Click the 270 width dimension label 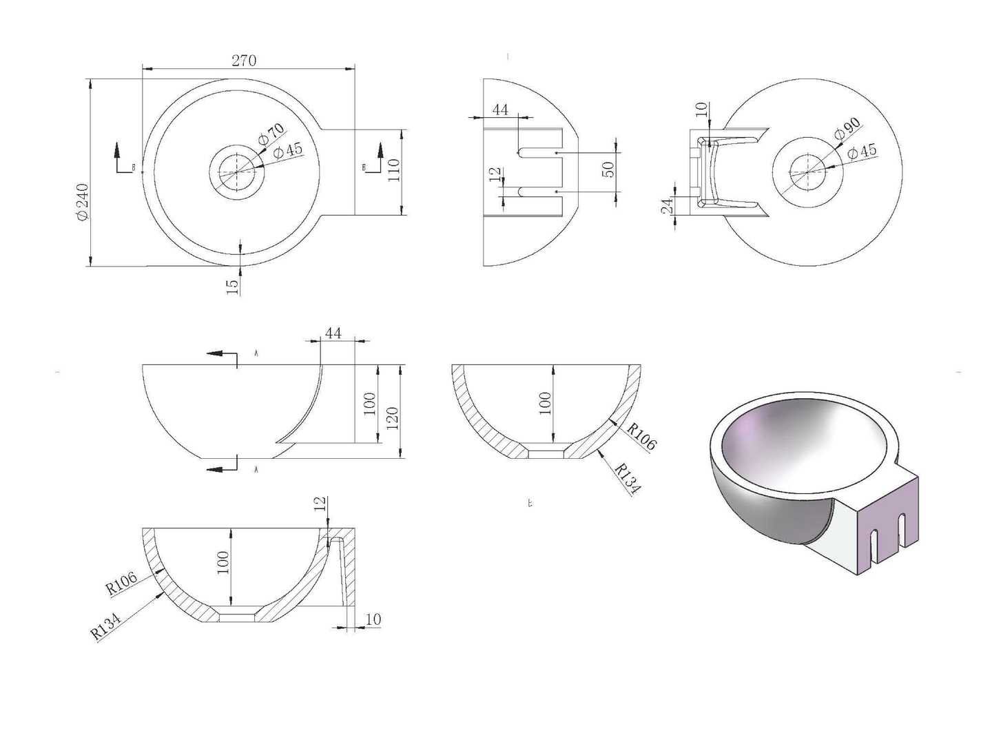(x=244, y=61)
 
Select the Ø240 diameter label (x=83, y=202)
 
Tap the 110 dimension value (x=393, y=170)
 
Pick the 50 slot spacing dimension (x=608, y=169)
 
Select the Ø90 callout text (x=847, y=130)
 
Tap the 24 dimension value (x=667, y=205)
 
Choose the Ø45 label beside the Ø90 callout (x=862, y=151)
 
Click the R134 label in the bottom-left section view (x=106, y=627)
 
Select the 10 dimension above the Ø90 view (x=701, y=110)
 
